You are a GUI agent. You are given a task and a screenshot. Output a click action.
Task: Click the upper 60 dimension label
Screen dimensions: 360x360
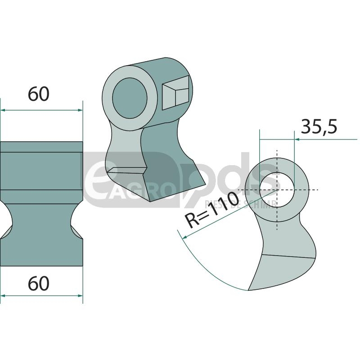pyautogui.click(x=38, y=94)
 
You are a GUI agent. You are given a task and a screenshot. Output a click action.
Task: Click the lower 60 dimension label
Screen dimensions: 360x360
pyautogui.click(x=38, y=284)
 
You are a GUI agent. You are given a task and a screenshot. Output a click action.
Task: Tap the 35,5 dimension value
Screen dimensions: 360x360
pyautogui.click(x=319, y=127)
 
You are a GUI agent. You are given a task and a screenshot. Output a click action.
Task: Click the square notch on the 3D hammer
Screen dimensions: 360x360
pyautogui.click(x=175, y=92)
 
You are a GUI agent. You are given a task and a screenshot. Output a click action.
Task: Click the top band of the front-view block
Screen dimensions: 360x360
pyautogui.click(x=41, y=147)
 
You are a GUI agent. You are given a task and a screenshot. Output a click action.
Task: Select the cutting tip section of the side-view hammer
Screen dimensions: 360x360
pyautogui.click(x=281, y=272)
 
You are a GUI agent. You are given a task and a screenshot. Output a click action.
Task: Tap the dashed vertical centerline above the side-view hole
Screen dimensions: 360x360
pyautogui.click(x=277, y=157)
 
